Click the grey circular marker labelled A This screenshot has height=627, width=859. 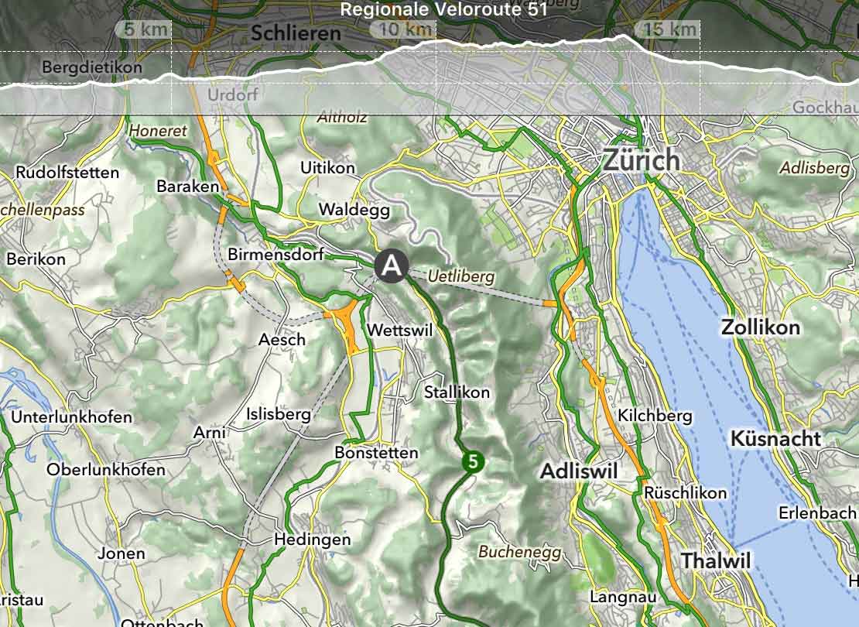pos(392,266)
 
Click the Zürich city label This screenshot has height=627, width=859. pos(642,160)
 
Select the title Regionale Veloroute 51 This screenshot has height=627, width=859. pos(443,9)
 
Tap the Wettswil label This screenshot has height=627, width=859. pos(399,330)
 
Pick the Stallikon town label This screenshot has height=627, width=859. pos(457,392)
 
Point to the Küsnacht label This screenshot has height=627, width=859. pos(775,438)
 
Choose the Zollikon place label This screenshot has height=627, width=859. pos(760,327)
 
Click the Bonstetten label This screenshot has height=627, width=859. pos(376,452)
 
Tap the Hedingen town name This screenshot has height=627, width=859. pos(313,540)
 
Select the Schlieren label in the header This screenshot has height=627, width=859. pos(296,33)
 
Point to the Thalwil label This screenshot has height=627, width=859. pos(715,561)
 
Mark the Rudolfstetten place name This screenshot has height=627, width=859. pos(67,172)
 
